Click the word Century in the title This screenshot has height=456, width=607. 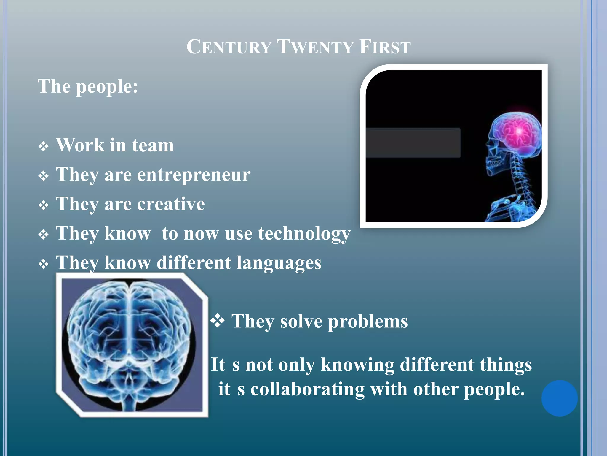click(x=229, y=47)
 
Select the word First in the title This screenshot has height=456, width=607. click(x=385, y=47)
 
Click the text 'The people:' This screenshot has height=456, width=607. click(x=88, y=87)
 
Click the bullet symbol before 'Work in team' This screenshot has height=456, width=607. click(x=44, y=146)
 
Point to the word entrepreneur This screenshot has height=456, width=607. click(x=194, y=175)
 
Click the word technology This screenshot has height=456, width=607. click(x=304, y=234)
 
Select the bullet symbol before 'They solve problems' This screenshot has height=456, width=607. click(x=218, y=321)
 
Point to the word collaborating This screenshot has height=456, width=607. click(x=307, y=389)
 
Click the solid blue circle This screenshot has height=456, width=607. click(x=559, y=398)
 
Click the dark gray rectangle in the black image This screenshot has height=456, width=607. click(x=413, y=143)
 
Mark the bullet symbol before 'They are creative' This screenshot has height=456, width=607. click(x=44, y=205)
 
